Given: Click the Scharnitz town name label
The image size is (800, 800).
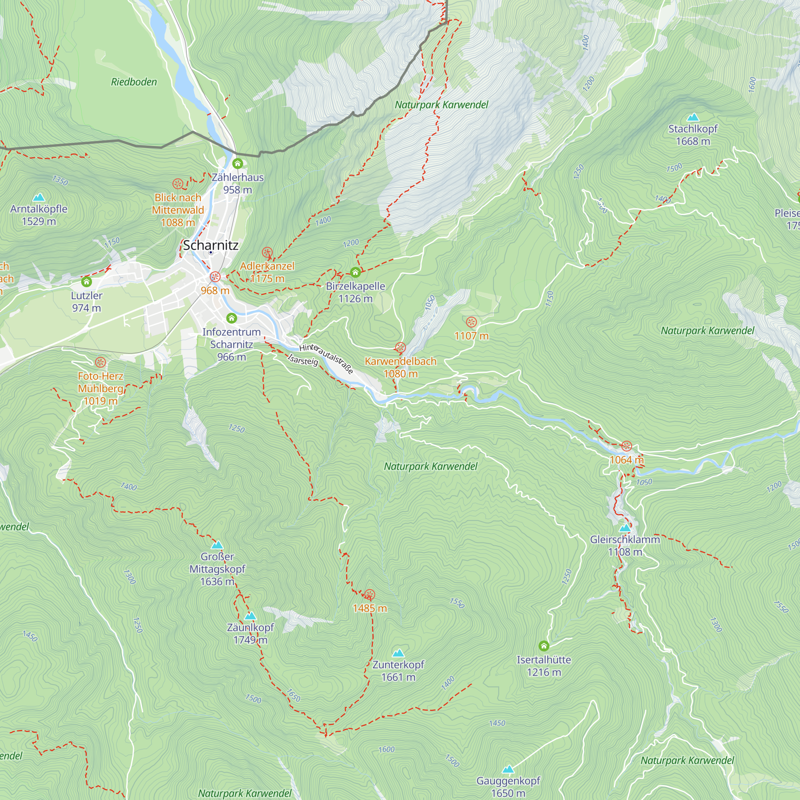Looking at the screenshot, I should [210, 245].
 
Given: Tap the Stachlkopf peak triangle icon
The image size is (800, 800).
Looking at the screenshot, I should [693, 118].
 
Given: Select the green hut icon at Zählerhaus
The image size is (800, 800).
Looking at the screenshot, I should [237, 164].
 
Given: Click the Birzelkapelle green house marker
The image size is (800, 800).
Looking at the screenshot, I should [355, 272].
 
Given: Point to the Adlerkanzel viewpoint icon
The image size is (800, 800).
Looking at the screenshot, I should [267, 252].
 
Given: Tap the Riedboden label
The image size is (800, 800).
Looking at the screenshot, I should [134, 82].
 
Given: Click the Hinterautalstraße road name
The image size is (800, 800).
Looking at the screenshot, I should [326, 358].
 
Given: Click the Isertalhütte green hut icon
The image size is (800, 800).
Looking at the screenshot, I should [544, 646].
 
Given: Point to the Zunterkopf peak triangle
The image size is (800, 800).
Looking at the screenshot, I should [398, 653].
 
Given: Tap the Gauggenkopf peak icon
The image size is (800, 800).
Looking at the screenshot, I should [508, 769].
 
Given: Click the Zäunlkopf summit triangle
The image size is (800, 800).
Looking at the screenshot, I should [250, 616].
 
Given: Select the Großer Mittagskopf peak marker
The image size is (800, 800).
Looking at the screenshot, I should [217, 545].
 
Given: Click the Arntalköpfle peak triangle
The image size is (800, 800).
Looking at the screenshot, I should [39, 197].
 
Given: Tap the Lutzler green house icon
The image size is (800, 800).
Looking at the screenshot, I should [86, 282].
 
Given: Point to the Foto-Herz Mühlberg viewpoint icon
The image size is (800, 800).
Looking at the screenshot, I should [100, 363].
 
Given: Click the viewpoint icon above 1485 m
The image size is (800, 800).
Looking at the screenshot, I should [370, 595].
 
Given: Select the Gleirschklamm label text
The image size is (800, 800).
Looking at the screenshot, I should [624, 540].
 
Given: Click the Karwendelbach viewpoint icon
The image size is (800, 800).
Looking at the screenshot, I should [400, 348].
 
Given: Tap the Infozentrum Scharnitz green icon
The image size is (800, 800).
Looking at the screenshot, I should [232, 318].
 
